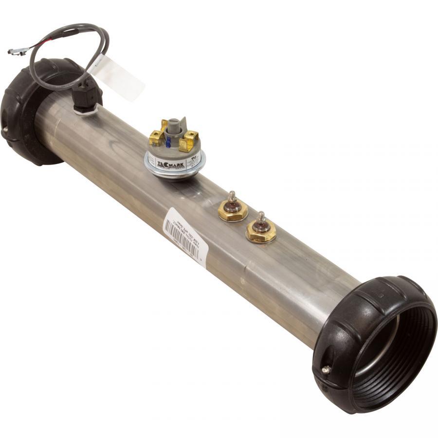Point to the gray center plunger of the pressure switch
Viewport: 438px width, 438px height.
pyautogui.click(x=175, y=128)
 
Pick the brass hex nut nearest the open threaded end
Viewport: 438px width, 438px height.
pyautogui.click(x=261, y=232)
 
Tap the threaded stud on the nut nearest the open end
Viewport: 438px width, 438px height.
pyautogui.click(x=261, y=217)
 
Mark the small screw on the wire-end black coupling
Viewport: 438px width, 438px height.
pyautogui.click(x=5, y=129)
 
